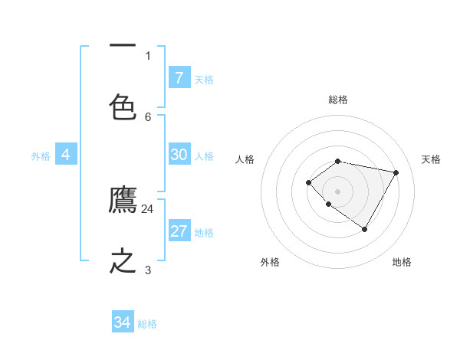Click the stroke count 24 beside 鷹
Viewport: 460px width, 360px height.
(x=147, y=208)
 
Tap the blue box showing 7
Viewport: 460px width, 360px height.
(x=179, y=77)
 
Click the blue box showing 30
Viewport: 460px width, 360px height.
(x=179, y=155)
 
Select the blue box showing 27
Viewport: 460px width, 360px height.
(x=179, y=231)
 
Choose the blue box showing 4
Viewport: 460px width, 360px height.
(x=66, y=155)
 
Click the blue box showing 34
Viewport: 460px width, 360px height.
(x=123, y=322)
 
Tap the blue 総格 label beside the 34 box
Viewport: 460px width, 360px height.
(x=147, y=324)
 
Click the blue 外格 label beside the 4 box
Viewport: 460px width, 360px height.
(x=41, y=156)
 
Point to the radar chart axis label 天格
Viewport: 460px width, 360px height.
(x=431, y=159)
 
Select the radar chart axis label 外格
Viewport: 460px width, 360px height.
(x=270, y=262)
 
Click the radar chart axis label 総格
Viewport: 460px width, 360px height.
(x=338, y=100)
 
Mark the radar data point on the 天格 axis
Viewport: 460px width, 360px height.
(x=396, y=172)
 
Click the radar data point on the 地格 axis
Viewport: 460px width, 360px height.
(x=365, y=229)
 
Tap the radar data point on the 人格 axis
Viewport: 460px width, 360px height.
(x=308, y=182)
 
